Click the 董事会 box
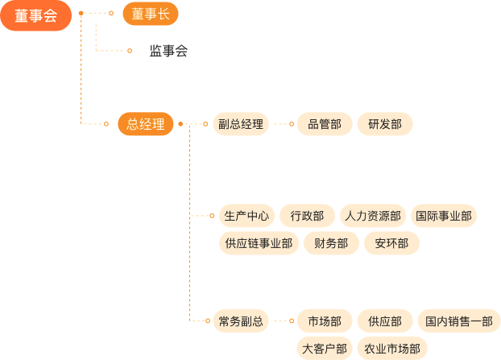coord(35,15)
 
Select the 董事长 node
coord(150,14)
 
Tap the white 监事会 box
coord(168,51)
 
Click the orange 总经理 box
coord(145,124)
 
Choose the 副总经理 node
coord(240,124)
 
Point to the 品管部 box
coord(324,124)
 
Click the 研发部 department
coord(385,124)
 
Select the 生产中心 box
coord(246,216)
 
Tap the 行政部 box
coord(307,216)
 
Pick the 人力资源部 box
coord(372,216)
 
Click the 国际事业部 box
coord(443,216)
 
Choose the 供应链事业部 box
coord(259,243)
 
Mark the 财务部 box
coord(331,243)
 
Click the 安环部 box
coord(391,243)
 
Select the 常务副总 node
coord(240,321)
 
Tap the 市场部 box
coord(324,321)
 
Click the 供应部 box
coord(385,321)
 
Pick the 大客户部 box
coord(324,348)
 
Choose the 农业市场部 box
coord(391,348)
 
